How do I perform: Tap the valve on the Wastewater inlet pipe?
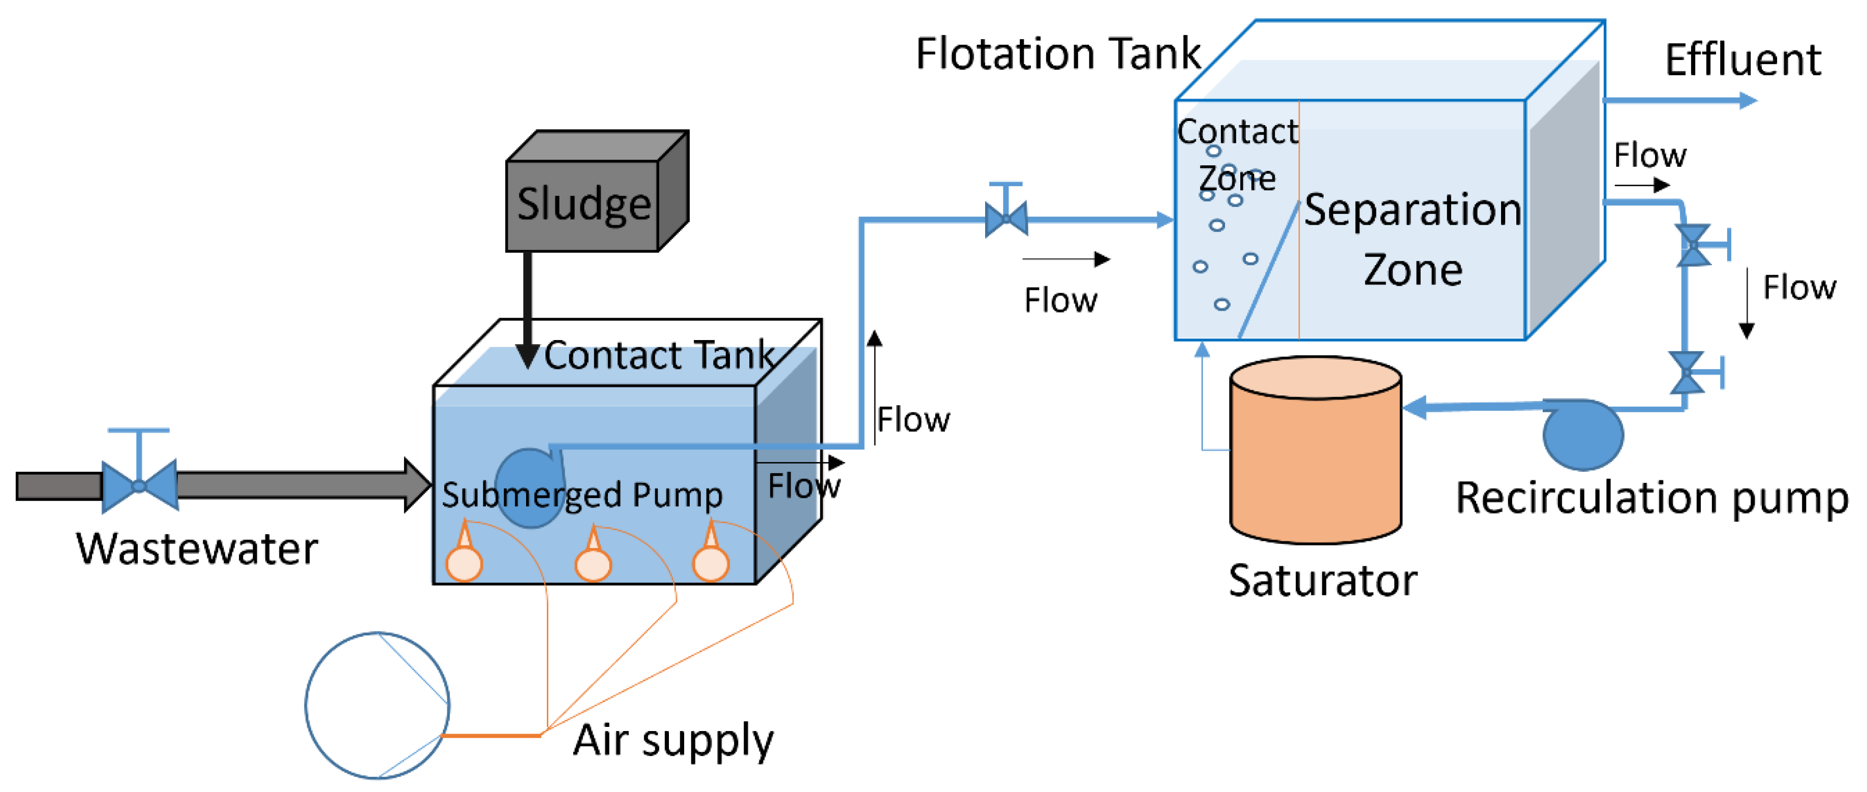[139, 485]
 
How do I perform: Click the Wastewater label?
[197, 549]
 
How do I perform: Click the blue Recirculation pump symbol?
[1583, 435]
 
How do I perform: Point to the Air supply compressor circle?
[377, 705]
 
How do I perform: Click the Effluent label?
[1742, 59]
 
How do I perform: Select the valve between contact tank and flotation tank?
[1006, 218]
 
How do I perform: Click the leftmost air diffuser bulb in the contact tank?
[464, 564]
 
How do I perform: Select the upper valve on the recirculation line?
[1693, 245]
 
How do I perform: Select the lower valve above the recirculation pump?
[1687, 373]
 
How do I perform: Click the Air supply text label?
[672, 741]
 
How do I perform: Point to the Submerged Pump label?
[582, 496]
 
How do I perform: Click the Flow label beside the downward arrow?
[1799, 288]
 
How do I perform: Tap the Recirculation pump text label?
[1652, 499]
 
